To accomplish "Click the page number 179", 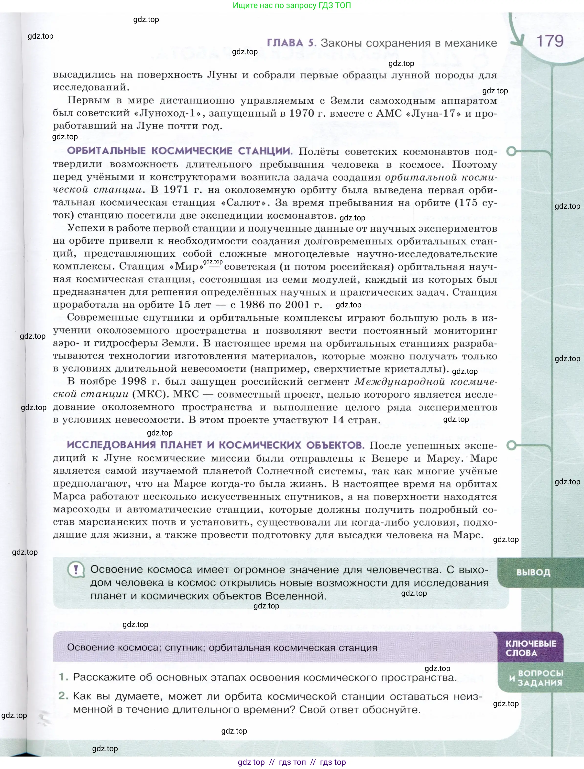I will coord(550,41).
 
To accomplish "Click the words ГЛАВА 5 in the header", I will coord(291,43).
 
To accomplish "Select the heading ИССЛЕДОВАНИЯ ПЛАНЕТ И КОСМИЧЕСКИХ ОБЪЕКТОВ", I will coord(216,445).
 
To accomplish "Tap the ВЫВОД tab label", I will coord(533,572).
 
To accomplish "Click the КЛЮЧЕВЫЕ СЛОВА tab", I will coord(530,648).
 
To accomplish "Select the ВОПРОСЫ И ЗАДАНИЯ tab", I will coord(536,678).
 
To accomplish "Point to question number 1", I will coord(63,677).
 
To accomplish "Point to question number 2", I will coord(63,696).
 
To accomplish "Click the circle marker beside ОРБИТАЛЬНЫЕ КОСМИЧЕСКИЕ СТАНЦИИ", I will coord(511,151).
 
